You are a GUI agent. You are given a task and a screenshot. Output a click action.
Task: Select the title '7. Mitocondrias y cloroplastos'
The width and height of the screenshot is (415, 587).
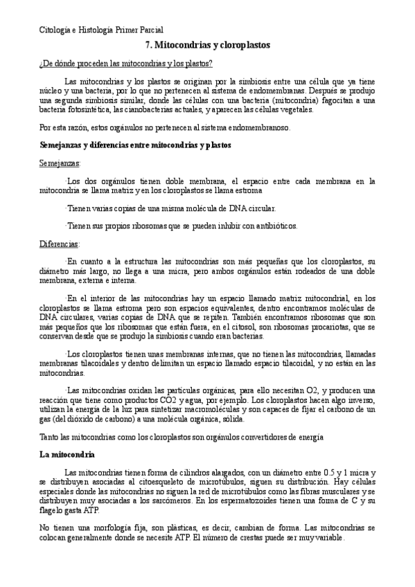208,44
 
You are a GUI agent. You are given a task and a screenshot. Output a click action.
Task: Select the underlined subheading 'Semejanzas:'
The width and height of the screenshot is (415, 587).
60,163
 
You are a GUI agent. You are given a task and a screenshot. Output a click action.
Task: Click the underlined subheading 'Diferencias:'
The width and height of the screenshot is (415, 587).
60,244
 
